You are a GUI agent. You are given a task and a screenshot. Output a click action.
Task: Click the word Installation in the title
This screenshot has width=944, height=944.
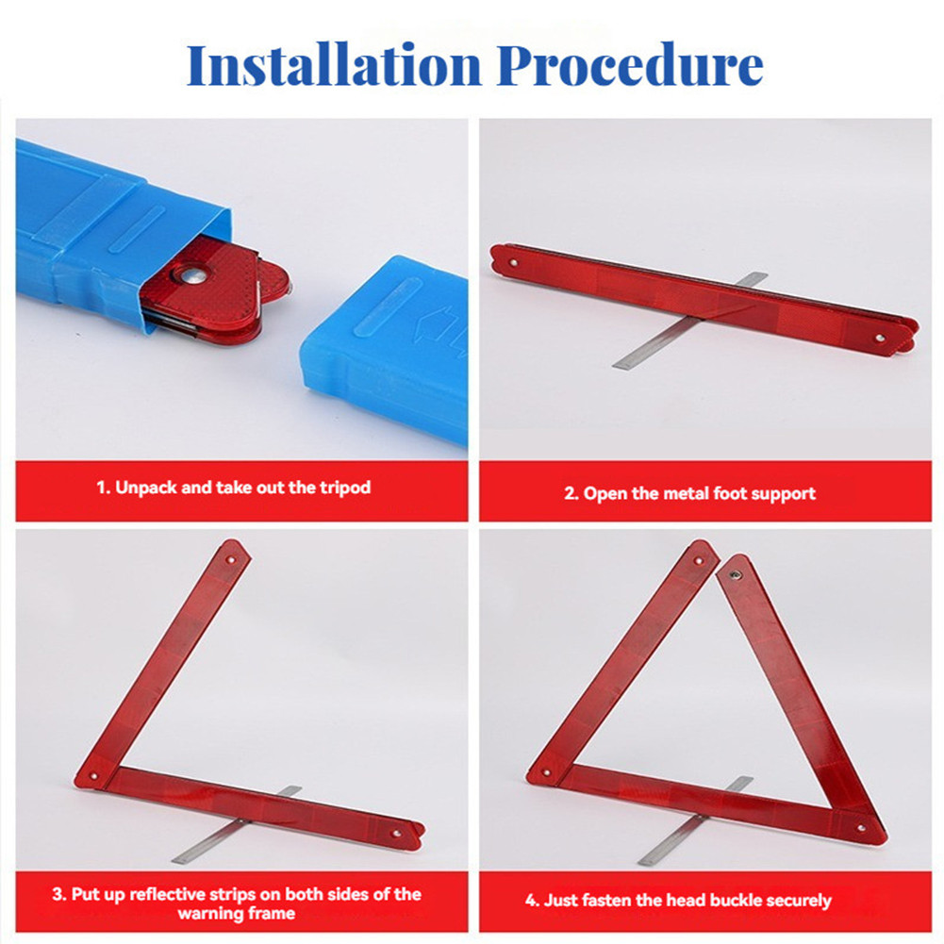(334, 65)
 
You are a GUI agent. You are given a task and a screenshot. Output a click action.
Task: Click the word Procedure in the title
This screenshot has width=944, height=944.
(630, 65)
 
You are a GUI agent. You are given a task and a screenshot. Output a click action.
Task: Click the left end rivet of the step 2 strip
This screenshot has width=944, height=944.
(513, 262)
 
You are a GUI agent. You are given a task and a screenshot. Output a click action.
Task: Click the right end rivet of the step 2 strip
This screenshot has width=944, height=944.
(880, 339)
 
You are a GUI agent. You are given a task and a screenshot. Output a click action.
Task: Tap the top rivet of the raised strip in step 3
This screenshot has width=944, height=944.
(231, 560)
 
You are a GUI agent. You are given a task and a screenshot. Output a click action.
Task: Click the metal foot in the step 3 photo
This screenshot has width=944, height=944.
(237, 824)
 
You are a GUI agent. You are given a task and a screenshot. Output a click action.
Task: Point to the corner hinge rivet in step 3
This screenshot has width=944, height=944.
(93, 777)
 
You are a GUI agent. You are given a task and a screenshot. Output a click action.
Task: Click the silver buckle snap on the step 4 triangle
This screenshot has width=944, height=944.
(735, 575)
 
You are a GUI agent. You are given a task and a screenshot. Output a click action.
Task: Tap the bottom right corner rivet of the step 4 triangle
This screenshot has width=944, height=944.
(862, 829)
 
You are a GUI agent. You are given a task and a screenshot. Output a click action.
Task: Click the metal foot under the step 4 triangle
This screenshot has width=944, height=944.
(696, 821)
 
